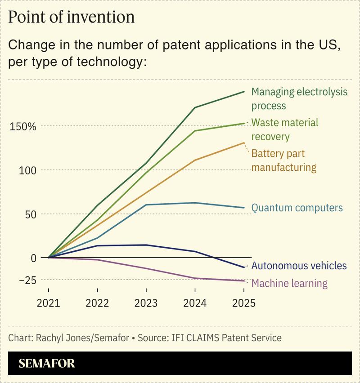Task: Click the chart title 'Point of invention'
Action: click(72, 17)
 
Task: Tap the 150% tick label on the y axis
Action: click(22, 126)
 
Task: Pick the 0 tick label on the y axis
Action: click(32, 258)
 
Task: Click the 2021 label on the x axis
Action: click(49, 303)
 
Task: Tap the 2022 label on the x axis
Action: click(97, 303)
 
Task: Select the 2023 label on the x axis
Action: click(146, 303)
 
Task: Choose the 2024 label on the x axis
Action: click(194, 303)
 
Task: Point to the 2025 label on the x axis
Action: click(243, 303)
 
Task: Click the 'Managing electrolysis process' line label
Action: click(299, 99)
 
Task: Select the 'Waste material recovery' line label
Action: click(284, 129)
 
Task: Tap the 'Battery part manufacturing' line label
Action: click(283, 160)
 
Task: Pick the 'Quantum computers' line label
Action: click(297, 208)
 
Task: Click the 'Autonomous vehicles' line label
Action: click(299, 266)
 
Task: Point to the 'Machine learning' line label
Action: click(289, 283)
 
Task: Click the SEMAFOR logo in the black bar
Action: click(47, 363)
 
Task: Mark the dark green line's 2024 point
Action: click(194, 107)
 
